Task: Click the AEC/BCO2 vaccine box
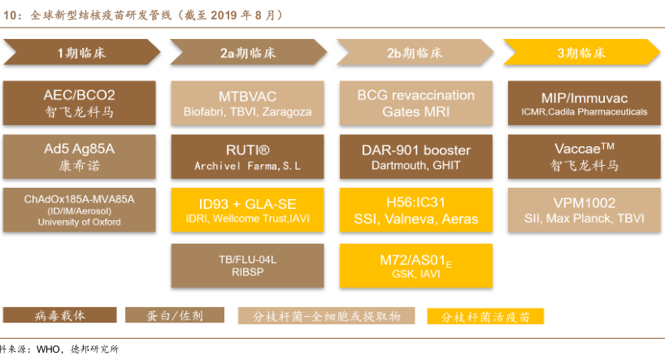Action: click(80, 103)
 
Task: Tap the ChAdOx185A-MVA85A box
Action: click(80, 210)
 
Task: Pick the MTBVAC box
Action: click(247, 103)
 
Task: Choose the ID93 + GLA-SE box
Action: click(247, 210)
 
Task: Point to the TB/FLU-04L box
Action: click(247, 266)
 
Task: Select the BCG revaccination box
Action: click(415, 103)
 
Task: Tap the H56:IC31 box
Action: click(415, 210)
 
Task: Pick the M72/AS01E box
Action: click(415, 266)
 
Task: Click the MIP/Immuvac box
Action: click(584, 103)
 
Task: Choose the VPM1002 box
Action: click(584, 210)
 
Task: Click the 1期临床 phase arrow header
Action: click(80, 53)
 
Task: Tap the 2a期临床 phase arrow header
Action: click(248, 53)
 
